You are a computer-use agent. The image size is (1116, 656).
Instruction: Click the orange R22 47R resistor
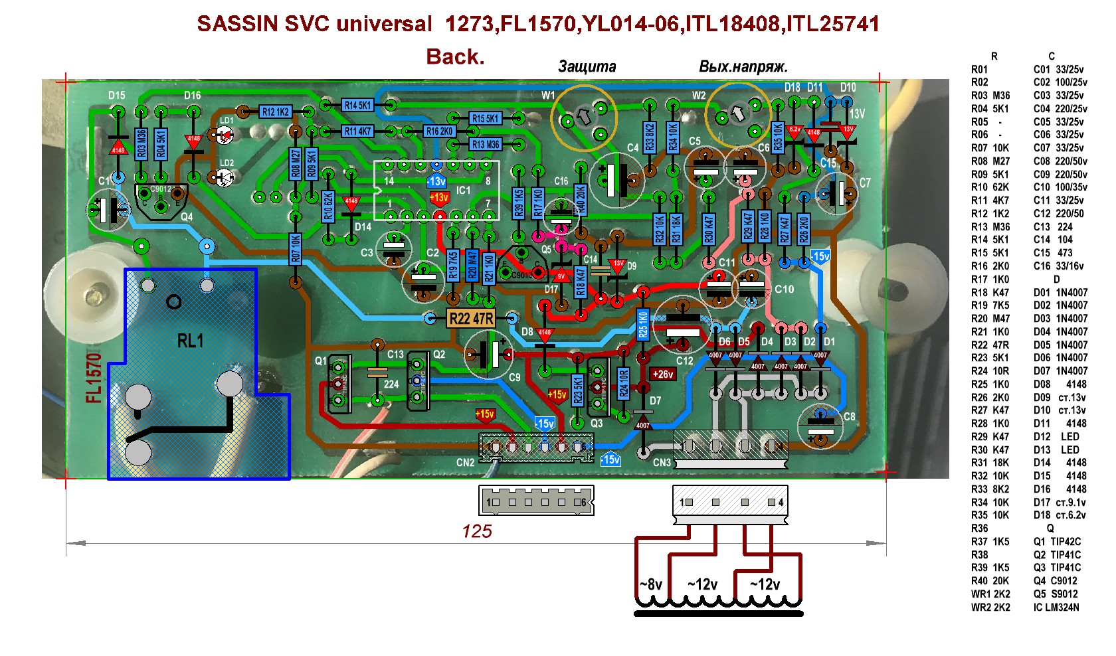[x=471, y=319]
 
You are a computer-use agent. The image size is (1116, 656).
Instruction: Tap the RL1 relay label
[x=190, y=341]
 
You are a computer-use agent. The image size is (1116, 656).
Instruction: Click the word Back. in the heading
[x=455, y=57]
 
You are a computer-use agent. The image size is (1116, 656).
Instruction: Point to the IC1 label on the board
[x=463, y=191]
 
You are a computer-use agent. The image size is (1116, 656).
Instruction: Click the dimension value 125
[x=477, y=531]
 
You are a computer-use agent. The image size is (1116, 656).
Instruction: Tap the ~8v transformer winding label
[x=651, y=584]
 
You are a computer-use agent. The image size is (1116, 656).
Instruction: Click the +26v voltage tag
[x=663, y=374]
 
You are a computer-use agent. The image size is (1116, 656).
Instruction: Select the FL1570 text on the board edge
[x=94, y=378]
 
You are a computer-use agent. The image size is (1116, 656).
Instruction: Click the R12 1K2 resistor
[x=275, y=112]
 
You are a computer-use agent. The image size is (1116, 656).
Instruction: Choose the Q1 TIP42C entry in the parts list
[x=1057, y=542]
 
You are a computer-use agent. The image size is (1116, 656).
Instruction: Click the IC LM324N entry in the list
[x=1056, y=607]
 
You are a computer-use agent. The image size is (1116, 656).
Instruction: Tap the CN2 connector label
[x=465, y=462]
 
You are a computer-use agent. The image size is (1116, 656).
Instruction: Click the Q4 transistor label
[x=187, y=216]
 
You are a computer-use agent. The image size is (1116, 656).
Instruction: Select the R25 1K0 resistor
[x=642, y=325]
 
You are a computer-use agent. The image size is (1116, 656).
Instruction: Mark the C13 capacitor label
[x=395, y=355]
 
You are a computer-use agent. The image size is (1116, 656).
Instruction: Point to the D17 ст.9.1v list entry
[x=1060, y=503]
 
